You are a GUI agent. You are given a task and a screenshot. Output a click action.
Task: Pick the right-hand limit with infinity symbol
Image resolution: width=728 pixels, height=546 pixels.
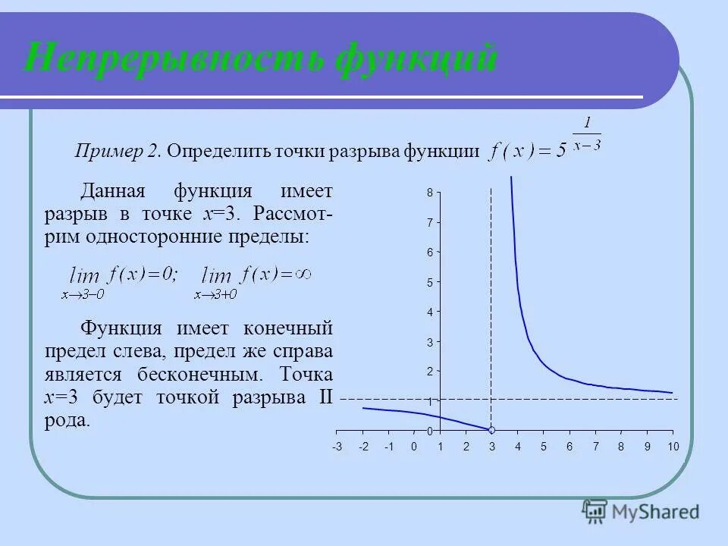point(255,279)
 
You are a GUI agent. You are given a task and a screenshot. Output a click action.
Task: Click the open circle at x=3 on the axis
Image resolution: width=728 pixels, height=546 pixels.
point(491,430)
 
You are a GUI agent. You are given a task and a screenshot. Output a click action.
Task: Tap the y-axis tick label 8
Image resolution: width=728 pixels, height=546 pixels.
point(429,193)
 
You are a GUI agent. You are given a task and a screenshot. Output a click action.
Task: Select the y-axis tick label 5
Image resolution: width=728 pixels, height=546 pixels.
point(429,282)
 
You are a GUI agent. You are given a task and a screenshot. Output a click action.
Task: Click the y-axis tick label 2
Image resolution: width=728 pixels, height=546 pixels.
point(429,371)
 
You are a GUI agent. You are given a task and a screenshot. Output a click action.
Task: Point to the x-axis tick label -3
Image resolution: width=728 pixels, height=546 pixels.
point(337,446)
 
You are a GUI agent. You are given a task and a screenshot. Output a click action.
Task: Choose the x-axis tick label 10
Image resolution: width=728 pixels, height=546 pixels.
point(673,446)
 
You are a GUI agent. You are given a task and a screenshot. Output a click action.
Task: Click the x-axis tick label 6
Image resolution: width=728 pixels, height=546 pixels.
point(570,446)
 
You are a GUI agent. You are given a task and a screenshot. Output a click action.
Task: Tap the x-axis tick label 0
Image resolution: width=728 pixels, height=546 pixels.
point(414,446)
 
